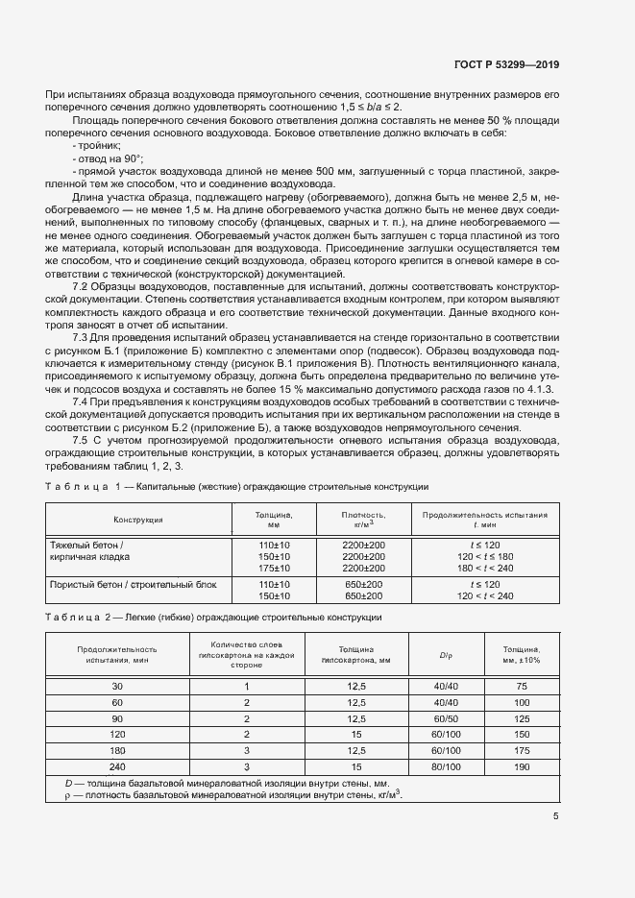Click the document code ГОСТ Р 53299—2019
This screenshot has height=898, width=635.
click(x=505, y=65)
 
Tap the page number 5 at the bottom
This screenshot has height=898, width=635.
click(x=556, y=817)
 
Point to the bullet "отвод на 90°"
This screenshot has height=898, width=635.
click(x=107, y=157)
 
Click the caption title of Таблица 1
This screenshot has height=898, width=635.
click(x=282, y=488)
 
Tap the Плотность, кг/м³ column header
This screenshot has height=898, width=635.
click(x=363, y=519)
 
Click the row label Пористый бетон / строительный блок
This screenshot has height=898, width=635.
click(x=134, y=584)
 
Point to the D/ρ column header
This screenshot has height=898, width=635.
click(x=446, y=656)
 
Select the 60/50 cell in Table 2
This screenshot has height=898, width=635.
click(x=446, y=718)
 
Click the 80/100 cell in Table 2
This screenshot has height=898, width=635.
click(x=446, y=767)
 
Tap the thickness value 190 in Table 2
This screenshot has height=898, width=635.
click(x=522, y=767)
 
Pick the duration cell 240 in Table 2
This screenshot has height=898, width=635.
click(x=117, y=767)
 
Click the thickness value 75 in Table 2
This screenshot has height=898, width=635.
click(x=522, y=686)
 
